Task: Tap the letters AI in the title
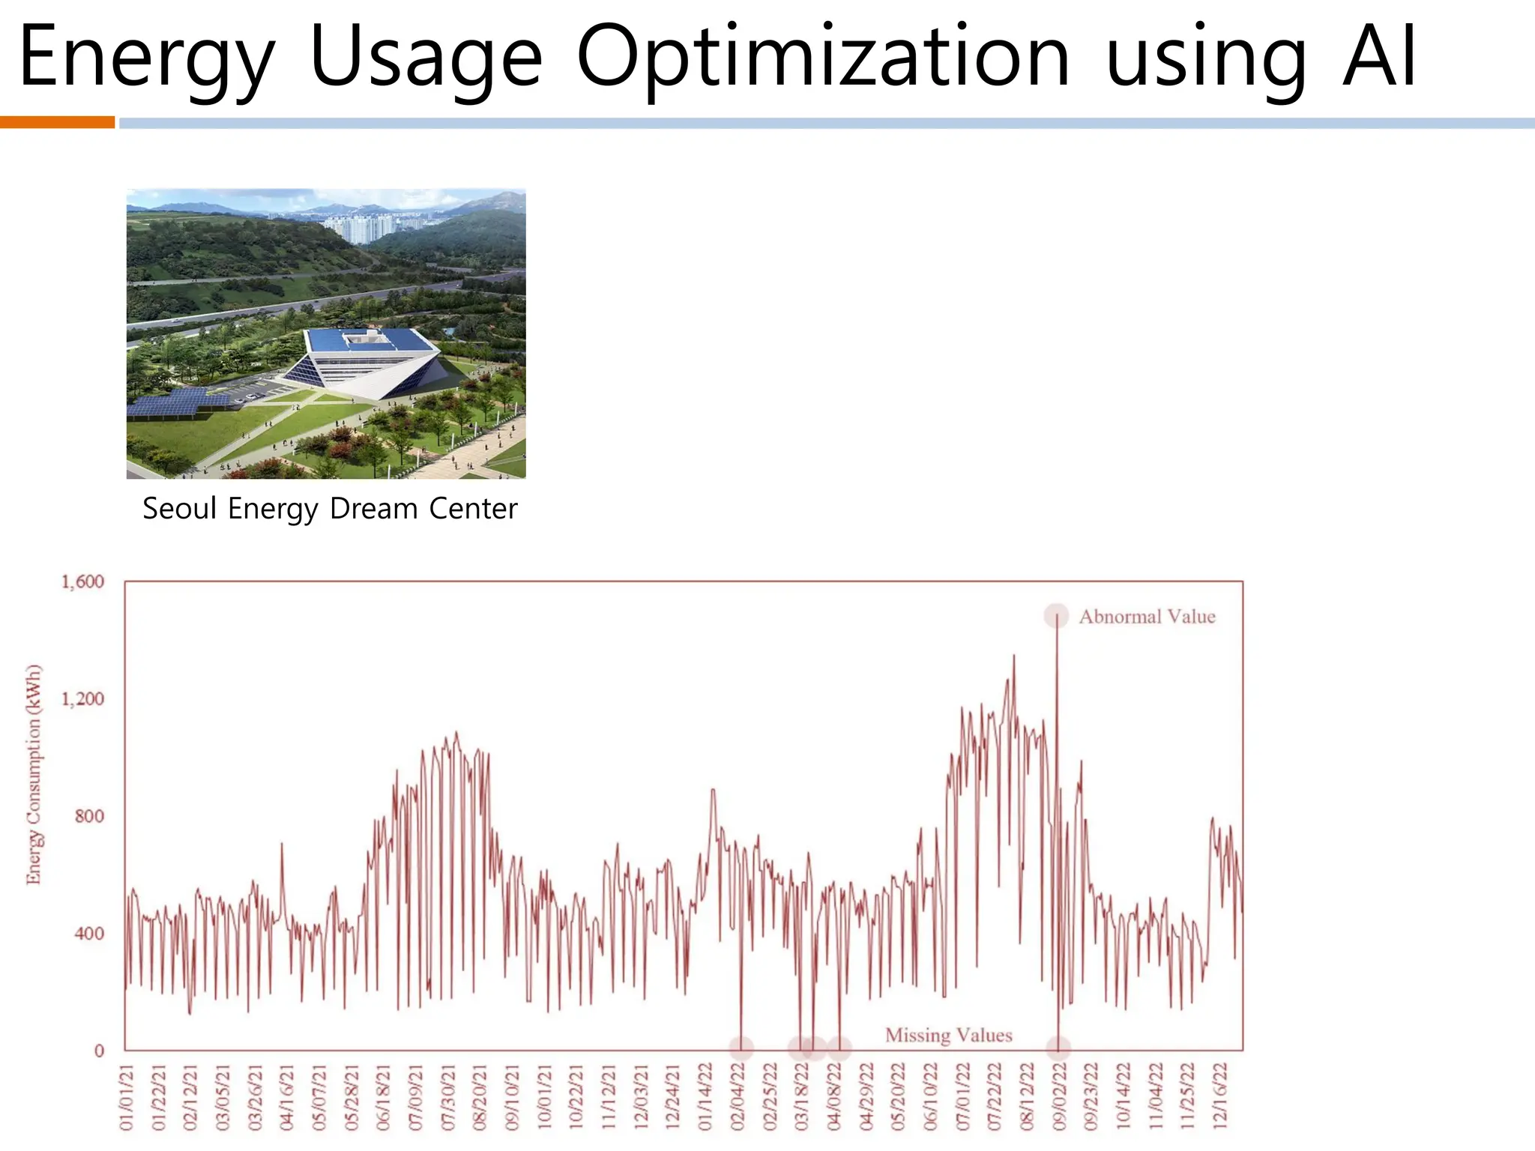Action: click(x=1379, y=56)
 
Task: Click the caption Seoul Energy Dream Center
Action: click(x=330, y=509)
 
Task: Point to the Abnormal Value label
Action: click(x=1147, y=617)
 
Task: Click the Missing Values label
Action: click(x=948, y=1035)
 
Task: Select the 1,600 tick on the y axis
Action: click(x=82, y=582)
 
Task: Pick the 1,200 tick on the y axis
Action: click(x=82, y=699)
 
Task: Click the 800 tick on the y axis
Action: click(x=89, y=816)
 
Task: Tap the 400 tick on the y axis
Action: click(x=89, y=934)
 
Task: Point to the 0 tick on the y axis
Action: click(x=99, y=1051)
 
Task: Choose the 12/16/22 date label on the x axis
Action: click(x=1220, y=1096)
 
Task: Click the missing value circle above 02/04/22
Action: click(x=741, y=1047)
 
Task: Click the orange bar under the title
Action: click(x=57, y=122)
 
